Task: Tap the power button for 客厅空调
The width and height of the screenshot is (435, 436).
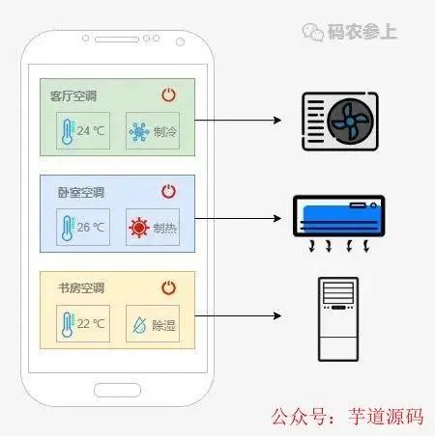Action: (168, 95)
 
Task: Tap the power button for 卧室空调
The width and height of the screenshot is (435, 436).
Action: (168, 191)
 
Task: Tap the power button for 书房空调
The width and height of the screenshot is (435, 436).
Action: (168, 287)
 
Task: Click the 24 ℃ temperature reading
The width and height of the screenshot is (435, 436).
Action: (91, 131)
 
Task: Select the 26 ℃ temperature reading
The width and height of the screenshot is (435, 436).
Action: (91, 228)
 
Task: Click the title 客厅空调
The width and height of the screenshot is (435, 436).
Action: (73, 95)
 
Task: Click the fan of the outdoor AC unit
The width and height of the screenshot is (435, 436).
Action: (348, 121)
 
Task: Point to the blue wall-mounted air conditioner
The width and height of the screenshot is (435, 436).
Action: (338, 213)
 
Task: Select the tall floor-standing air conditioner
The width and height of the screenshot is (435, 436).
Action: (338, 317)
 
